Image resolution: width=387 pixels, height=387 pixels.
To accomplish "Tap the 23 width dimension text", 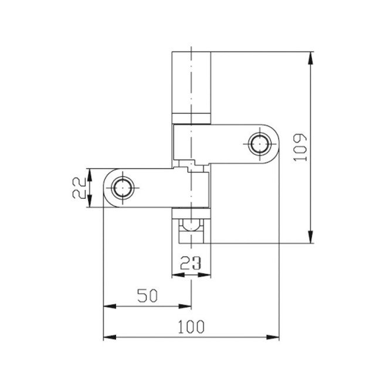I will click(x=191, y=264).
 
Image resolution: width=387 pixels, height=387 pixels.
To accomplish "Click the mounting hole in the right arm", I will click(x=258, y=143).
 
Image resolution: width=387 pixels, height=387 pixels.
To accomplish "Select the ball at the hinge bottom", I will click(x=191, y=225).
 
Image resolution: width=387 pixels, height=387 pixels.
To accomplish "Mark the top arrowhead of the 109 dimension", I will click(x=311, y=57).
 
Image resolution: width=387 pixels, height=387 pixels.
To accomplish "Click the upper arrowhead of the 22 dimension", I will click(x=90, y=173).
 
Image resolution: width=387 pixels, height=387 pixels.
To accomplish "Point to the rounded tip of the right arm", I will click(x=276, y=143).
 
